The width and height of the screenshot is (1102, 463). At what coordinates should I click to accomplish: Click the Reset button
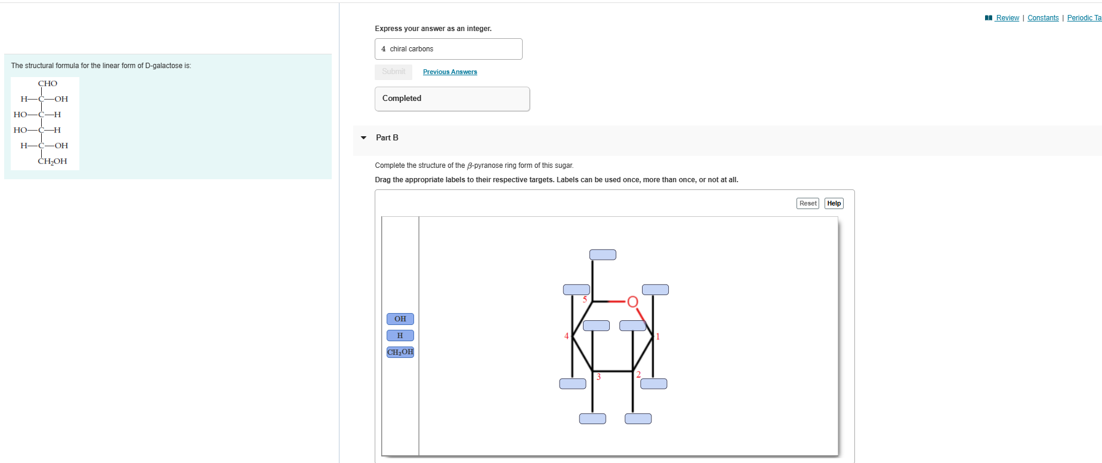click(x=807, y=203)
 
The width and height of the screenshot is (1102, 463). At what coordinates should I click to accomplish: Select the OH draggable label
click(x=400, y=319)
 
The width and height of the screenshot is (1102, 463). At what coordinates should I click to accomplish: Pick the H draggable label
click(x=400, y=336)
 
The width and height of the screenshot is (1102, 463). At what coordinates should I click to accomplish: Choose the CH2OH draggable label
click(x=400, y=352)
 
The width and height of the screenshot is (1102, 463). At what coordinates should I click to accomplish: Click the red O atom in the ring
click(x=632, y=302)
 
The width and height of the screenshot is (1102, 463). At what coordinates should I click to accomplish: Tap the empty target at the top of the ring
click(x=603, y=255)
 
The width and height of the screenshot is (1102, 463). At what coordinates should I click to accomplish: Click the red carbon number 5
click(x=585, y=299)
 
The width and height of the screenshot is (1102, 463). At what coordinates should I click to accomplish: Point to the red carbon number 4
click(x=566, y=336)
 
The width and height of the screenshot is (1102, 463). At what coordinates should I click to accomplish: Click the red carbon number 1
click(x=658, y=336)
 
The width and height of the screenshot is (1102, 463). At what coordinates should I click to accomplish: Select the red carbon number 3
click(x=598, y=377)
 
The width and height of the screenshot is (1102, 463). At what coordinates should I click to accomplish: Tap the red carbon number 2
click(x=638, y=375)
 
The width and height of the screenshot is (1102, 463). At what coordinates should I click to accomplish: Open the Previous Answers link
click(x=450, y=72)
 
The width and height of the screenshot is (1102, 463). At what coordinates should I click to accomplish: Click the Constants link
click(x=1043, y=18)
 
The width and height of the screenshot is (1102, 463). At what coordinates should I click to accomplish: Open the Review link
click(x=1007, y=18)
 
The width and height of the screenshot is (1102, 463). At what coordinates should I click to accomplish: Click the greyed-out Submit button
click(x=393, y=72)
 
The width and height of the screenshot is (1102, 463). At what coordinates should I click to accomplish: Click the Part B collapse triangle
click(x=363, y=138)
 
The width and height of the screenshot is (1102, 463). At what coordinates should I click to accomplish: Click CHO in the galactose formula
click(x=48, y=84)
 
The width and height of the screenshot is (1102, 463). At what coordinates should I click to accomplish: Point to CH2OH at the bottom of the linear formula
click(x=53, y=161)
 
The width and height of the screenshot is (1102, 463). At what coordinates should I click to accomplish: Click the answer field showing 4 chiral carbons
click(x=448, y=49)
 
